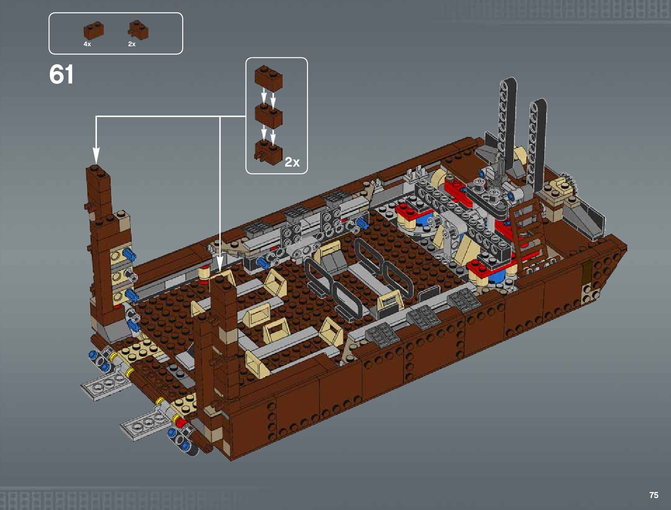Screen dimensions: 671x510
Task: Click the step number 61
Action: click(x=61, y=74)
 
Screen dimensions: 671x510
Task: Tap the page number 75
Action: click(x=653, y=495)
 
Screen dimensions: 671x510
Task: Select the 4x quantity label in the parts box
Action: click(x=87, y=44)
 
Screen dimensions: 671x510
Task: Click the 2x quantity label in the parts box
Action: click(x=132, y=44)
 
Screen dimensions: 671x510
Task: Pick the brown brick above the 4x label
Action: click(x=93, y=30)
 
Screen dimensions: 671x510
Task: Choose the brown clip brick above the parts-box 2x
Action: click(x=138, y=30)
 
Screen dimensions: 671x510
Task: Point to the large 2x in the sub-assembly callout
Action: click(x=292, y=162)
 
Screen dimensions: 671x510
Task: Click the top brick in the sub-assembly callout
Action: click(x=268, y=78)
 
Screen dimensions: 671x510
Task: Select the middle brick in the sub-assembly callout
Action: click(x=268, y=115)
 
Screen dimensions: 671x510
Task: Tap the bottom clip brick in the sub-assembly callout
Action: click(x=268, y=152)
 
